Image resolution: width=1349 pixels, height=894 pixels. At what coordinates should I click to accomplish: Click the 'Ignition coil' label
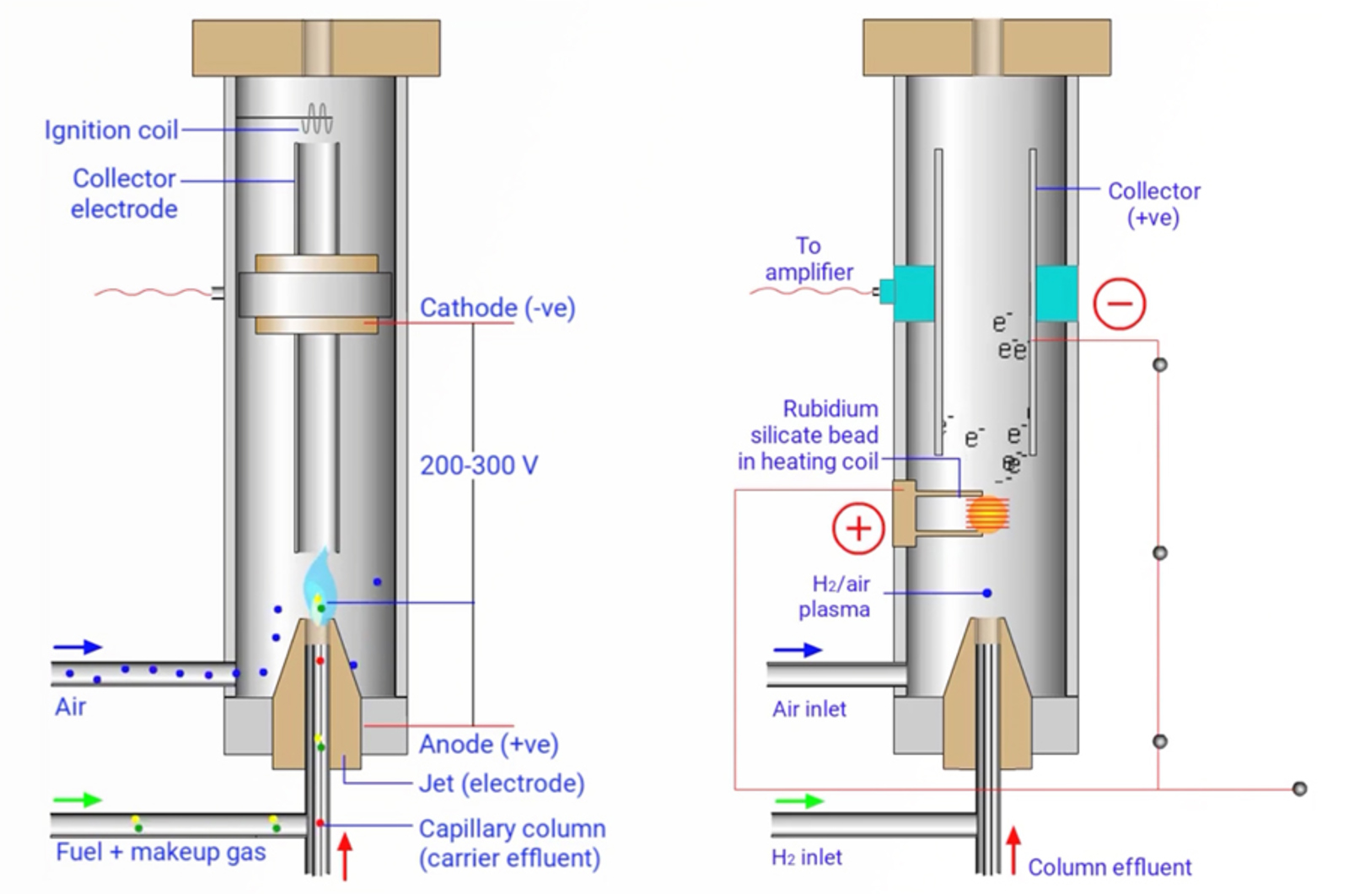coord(111,130)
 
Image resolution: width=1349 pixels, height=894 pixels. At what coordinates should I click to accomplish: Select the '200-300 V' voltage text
coord(478,465)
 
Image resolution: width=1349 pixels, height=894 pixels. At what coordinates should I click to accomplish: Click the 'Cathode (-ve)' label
coord(497,308)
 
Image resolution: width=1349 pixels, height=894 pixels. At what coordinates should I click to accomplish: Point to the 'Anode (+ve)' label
coord(489,744)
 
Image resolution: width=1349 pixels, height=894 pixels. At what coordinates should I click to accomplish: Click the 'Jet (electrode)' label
coord(502,784)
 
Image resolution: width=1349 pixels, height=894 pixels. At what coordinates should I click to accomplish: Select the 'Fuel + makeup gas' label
coord(160,852)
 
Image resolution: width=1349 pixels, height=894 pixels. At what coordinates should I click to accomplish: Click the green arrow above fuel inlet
coord(78,800)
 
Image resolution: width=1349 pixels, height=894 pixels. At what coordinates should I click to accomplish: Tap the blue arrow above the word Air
coord(78,647)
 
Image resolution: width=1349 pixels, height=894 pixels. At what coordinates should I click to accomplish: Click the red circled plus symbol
coord(858,529)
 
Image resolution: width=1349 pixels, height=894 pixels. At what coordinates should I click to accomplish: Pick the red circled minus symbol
coord(1120,303)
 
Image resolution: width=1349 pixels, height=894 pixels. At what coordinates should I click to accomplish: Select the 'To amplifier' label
coord(809,259)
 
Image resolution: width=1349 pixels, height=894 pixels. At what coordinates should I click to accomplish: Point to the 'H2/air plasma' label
coord(836,596)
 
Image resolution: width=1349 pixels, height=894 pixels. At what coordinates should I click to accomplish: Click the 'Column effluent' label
coord(1110,867)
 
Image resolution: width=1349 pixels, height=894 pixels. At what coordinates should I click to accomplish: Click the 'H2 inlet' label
coord(806,858)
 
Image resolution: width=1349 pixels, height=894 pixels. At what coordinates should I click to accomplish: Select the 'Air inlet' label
coord(809,708)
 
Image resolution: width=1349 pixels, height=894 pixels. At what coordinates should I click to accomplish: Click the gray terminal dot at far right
coord(1299,789)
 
